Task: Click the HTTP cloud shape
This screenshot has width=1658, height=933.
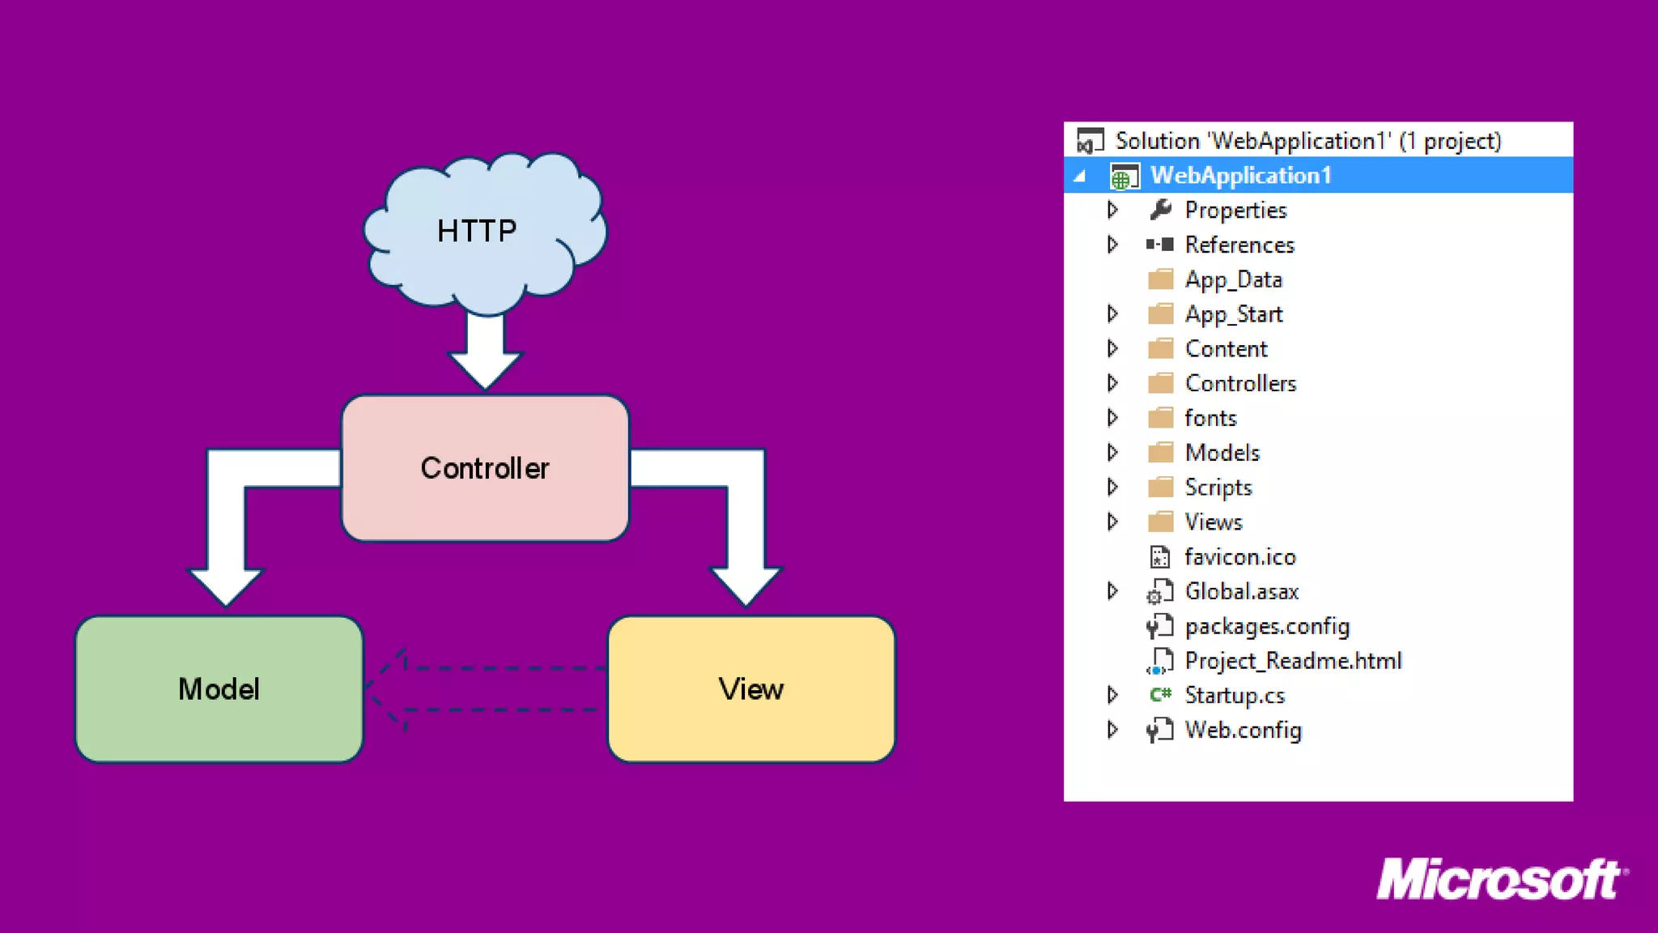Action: [x=484, y=231]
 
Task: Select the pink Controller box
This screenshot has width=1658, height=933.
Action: [x=485, y=468]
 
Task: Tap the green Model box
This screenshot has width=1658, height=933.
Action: [x=219, y=689]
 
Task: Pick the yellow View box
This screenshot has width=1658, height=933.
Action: [x=751, y=689]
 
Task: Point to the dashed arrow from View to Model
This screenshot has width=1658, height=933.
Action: [x=486, y=688]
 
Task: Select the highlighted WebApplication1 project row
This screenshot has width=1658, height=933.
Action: [x=1240, y=176]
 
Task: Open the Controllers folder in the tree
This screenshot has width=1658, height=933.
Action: [x=1240, y=383]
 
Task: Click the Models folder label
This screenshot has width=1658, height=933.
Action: [x=1222, y=453]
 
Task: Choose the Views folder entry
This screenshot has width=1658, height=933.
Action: [x=1214, y=522]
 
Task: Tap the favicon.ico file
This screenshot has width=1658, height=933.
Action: [x=1239, y=557]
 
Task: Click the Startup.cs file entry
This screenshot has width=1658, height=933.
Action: [x=1235, y=696]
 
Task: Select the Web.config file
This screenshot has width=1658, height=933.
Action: [x=1243, y=731]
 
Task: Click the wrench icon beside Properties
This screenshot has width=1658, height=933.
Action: [x=1160, y=210]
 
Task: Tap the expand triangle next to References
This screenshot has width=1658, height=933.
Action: [x=1112, y=245]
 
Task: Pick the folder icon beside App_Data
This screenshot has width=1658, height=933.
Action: [x=1160, y=279]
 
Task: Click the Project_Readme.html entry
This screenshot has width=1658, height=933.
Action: [x=1293, y=661]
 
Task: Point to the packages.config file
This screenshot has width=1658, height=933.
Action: [x=1267, y=626]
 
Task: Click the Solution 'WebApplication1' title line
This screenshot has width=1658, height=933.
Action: [x=1307, y=141]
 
